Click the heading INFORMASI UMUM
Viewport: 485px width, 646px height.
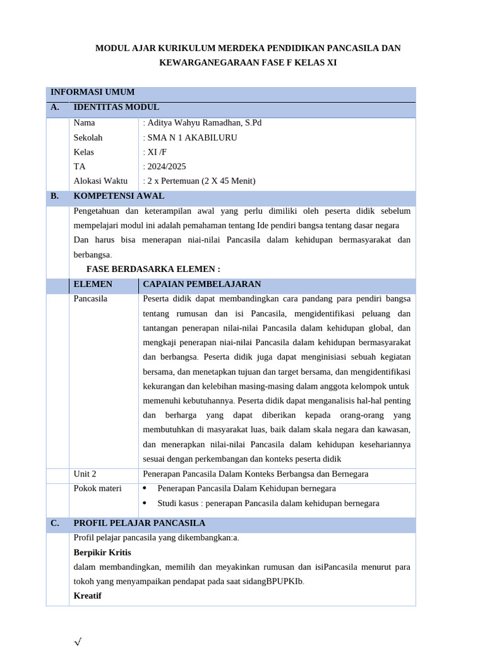tap(92, 92)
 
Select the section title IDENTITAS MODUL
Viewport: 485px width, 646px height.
tap(116, 107)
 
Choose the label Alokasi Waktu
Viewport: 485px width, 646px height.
tap(100, 181)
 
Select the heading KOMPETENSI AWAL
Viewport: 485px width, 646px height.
tap(119, 196)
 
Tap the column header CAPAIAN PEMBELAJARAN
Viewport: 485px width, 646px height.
tap(201, 285)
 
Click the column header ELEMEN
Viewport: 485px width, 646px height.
tap(93, 285)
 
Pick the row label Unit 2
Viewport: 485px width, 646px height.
tap(85, 474)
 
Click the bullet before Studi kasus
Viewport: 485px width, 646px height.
tap(145, 503)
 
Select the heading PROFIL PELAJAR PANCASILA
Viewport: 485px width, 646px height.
tap(139, 524)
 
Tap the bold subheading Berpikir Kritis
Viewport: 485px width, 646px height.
tap(102, 553)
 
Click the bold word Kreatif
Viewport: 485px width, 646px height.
tap(87, 596)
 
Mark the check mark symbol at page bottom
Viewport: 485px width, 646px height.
tap(78, 642)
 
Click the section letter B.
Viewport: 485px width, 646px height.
tap(55, 196)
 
